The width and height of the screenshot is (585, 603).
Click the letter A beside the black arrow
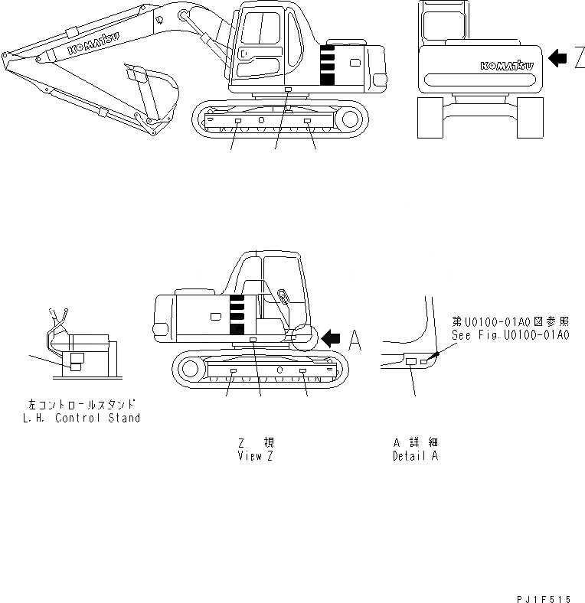(355, 339)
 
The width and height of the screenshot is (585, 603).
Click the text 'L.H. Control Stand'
(82, 419)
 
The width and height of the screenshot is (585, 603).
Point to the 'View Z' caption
(256, 456)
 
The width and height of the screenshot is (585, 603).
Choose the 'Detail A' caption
(415, 456)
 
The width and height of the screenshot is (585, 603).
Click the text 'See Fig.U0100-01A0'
(509, 335)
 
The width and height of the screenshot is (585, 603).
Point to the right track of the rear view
(529, 119)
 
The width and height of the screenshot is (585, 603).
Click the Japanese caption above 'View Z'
(256, 443)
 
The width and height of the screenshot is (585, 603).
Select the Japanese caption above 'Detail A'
(415, 443)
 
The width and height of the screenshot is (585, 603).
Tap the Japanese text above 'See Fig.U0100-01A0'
(509, 322)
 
